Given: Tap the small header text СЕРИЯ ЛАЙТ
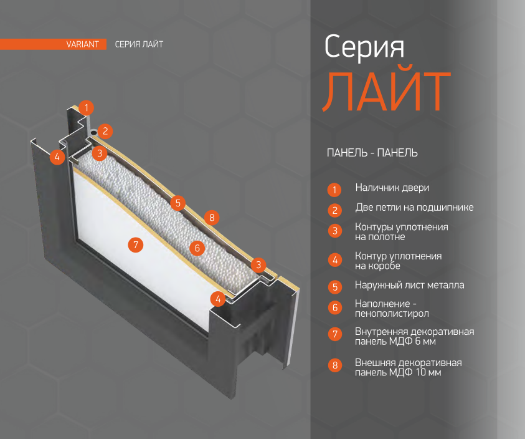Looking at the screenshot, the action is coord(139,44).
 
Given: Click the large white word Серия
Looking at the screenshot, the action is coord(364,47).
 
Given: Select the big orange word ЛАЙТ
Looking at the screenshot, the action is coord(387,91).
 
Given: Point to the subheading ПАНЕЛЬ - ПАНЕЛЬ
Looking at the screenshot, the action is coord(372,153).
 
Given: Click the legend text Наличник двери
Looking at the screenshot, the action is coord(392,188).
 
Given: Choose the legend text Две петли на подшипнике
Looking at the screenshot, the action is coord(415,208).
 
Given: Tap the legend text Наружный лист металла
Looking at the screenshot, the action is coord(410,285).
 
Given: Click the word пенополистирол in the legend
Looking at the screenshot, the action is coord(392,314).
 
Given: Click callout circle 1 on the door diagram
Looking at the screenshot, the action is coord(87,108).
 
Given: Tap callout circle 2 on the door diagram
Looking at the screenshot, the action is coord(105,131).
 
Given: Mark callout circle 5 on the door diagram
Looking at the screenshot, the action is coord(177,203).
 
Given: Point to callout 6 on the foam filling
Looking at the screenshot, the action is coord(197,248).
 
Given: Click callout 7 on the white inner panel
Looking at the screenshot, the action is coord(136,245).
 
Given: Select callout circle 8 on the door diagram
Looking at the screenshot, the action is coord(212,218).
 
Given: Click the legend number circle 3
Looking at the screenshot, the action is coord(335,231).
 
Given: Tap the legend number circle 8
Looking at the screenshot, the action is coord(335,365).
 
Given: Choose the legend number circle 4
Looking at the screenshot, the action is coord(335,260).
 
